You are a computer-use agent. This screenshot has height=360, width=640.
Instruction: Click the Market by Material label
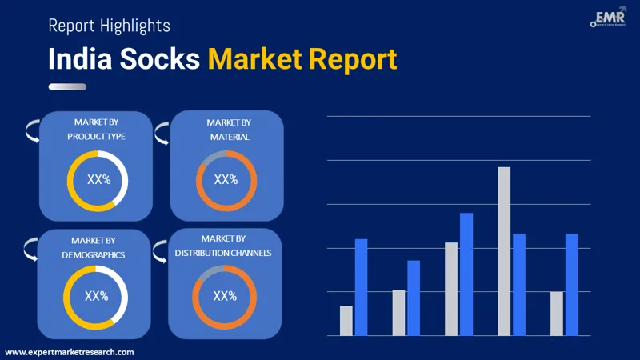tap(228, 129)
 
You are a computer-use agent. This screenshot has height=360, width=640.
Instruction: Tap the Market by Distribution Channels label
tap(225, 246)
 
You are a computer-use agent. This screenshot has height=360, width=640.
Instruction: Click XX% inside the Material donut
tap(226, 180)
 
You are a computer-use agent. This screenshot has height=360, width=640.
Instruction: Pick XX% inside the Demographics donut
tap(96, 296)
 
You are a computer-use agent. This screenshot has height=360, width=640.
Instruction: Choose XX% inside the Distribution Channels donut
tap(225, 296)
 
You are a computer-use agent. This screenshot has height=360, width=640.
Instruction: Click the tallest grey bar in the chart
tap(504, 251)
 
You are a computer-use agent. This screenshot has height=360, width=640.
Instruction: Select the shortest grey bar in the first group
tap(346, 320)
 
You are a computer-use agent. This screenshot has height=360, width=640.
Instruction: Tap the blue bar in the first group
tap(361, 287)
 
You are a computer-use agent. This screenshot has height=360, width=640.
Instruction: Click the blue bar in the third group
tap(466, 274)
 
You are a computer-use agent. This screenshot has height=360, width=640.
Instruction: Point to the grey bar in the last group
tap(557, 313)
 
